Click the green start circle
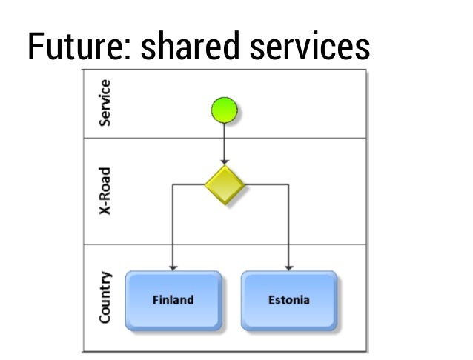point(223,111)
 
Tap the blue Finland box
point(173,300)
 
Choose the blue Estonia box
point(289,300)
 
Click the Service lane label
point(105,104)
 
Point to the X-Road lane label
point(105,191)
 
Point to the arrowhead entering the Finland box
point(173,267)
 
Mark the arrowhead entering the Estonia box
point(289,267)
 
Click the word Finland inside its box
point(173,300)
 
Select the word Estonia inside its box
point(289,300)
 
